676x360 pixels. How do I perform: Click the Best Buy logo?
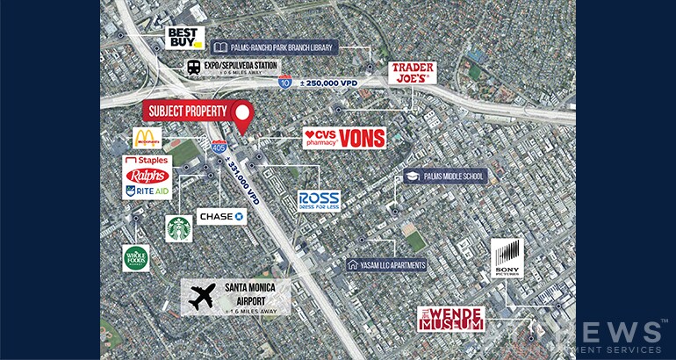click(x=185, y=37)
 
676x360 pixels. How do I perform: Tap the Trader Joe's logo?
click(x=414, y=72)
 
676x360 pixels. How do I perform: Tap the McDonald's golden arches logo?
click(x=147, y=139)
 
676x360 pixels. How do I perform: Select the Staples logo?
click(x=147, y=162)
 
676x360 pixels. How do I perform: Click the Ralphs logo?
click(x=147, y=176)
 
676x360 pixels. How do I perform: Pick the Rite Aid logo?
click(x=147, y=191)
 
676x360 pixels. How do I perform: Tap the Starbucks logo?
click(x=179, y=228)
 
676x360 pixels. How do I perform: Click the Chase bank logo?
click(x=221, y=215)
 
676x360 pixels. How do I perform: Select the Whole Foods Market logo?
click(x=136, y=258)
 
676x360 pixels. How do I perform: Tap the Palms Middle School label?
click(x=443, y=176)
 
